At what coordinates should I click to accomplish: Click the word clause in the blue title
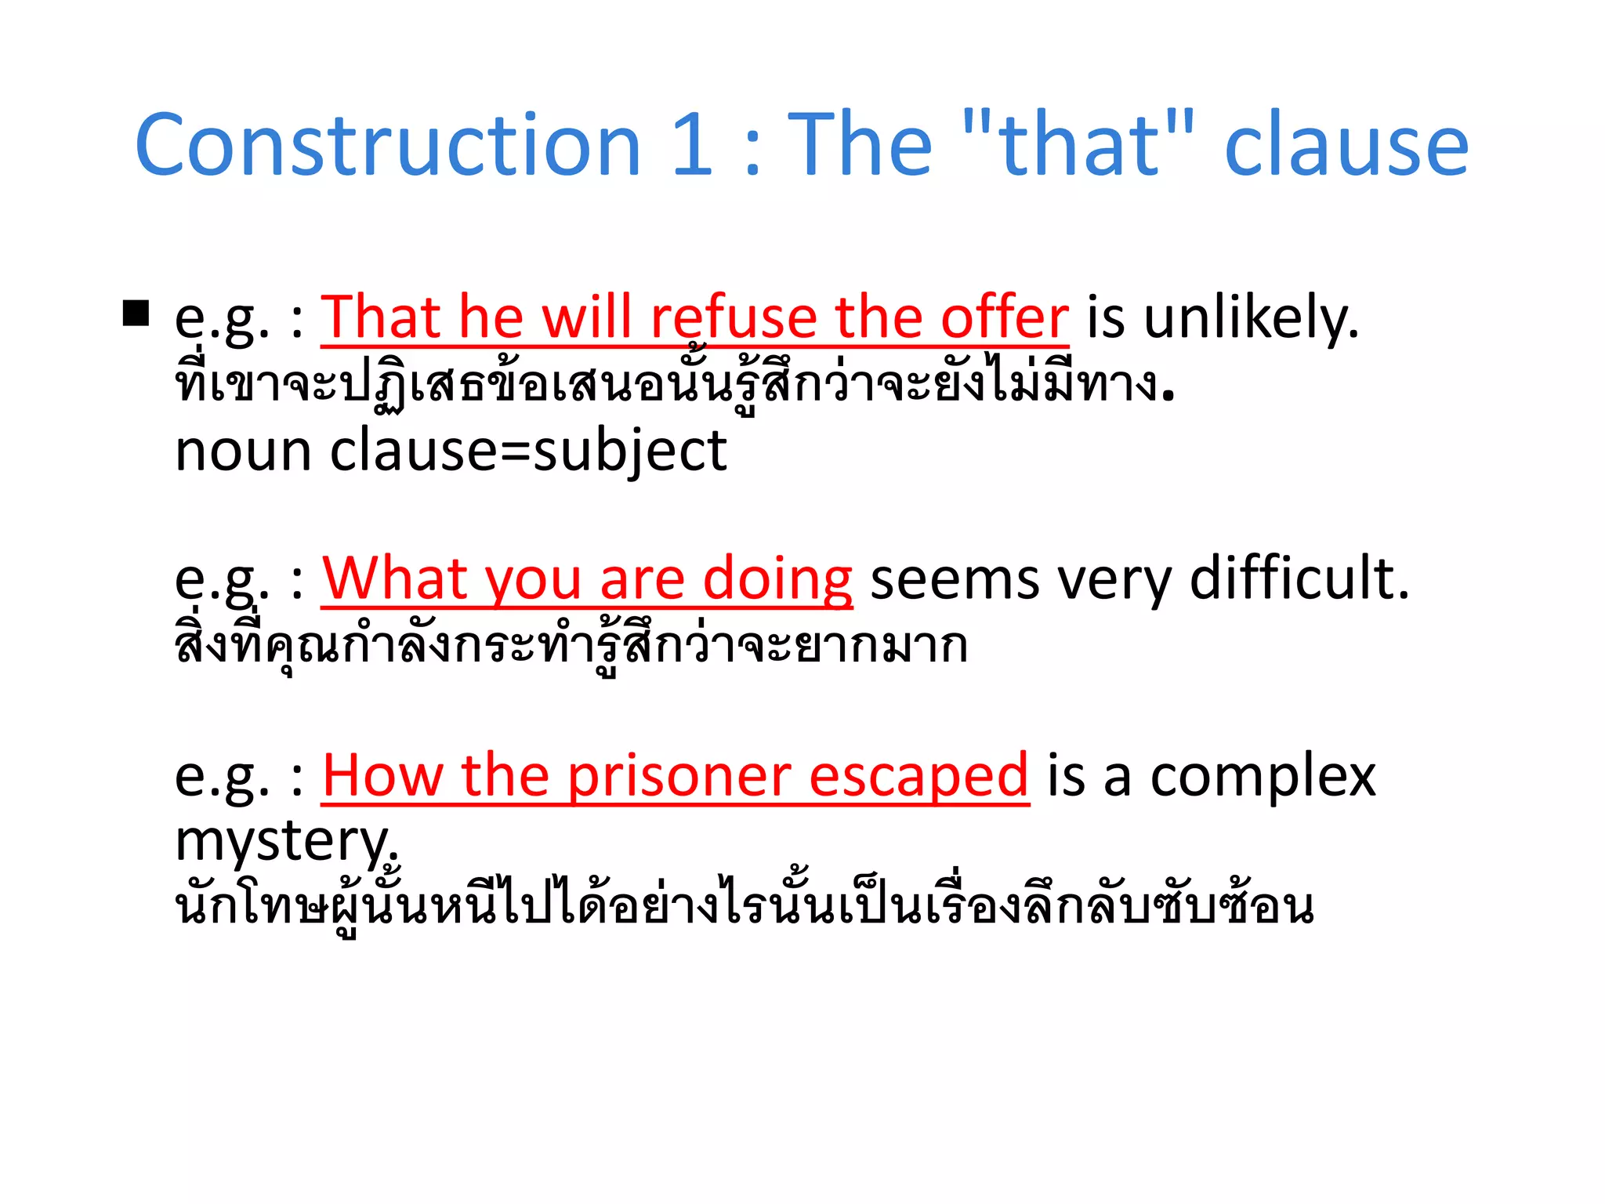[1346, 147]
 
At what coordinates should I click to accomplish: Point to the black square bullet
[136, 314]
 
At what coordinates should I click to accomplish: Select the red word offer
[1004, 317]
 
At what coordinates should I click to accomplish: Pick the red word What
[394, 579]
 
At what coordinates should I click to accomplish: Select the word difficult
[1299, 579]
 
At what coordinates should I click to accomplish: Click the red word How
[382, 776]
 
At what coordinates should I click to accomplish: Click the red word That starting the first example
[381, 317]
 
